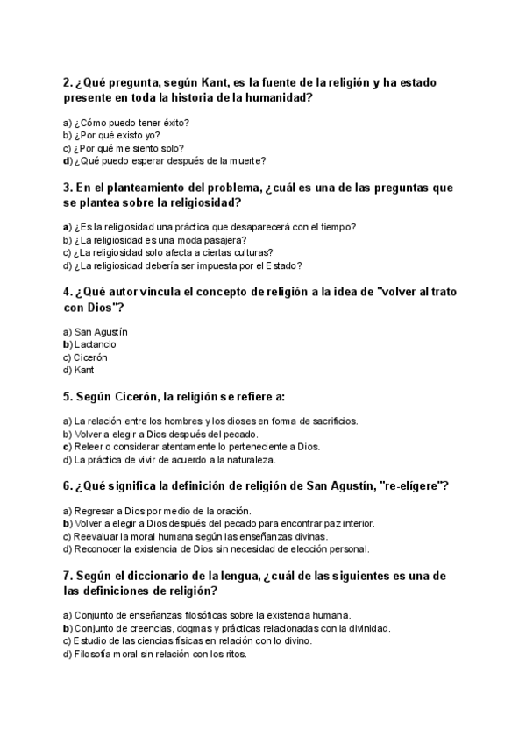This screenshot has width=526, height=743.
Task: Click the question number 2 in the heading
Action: tap(68, 83)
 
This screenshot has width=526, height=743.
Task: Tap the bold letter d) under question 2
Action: tap(67, 160)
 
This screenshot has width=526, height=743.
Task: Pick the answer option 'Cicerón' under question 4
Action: tap(91, 357)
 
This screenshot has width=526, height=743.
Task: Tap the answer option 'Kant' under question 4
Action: tap(84, 370)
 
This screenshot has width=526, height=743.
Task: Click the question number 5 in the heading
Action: tap(68, 396)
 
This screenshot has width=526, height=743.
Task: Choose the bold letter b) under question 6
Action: tap(67, 523)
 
